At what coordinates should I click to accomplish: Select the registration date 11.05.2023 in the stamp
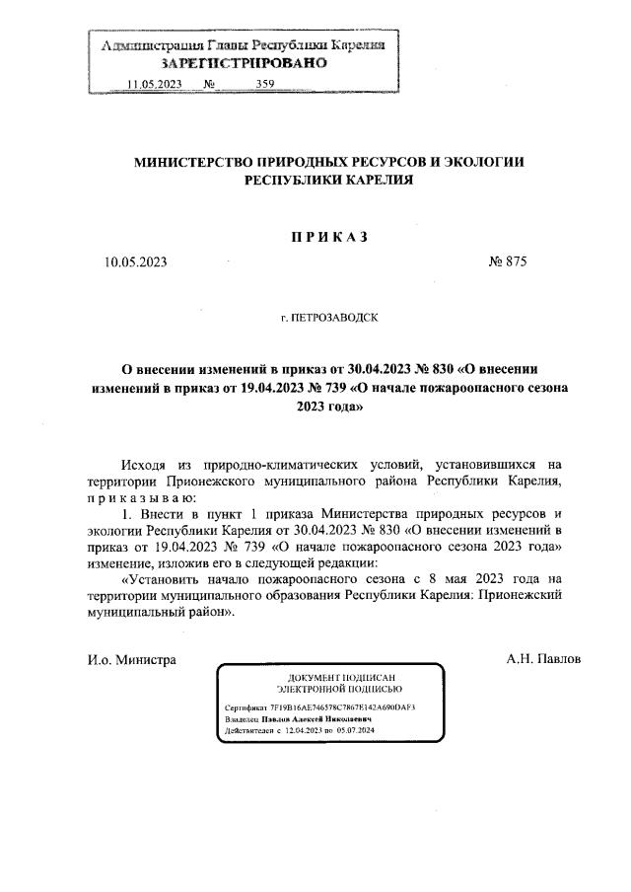[157, 84]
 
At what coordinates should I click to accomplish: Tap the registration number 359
[264, 84]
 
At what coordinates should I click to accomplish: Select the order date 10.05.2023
[136, 262]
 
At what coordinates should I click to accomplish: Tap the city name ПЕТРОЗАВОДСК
[334, 319]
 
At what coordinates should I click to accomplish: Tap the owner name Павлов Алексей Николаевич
[316, 719]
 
